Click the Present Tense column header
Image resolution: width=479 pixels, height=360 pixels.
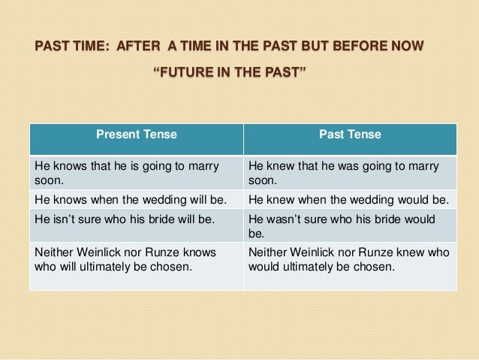coord(137,135)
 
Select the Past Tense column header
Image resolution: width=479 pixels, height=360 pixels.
coord(351,135)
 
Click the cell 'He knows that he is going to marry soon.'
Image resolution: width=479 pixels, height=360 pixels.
coord(137,172)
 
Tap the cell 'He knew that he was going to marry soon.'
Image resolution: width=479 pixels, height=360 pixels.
coord(351,172)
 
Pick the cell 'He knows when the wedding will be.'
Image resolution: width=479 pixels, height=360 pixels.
coord(137,200)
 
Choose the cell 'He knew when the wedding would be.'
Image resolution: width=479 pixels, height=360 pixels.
coord(351,200)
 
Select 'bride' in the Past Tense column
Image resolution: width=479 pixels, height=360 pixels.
coord(378,219)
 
